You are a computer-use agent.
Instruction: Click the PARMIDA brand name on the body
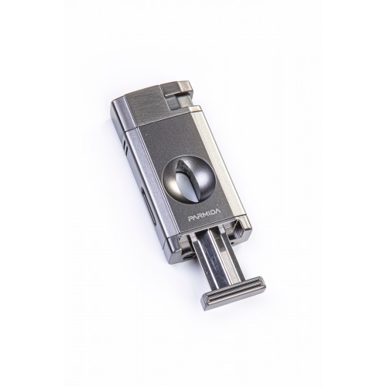[x=204, y=215]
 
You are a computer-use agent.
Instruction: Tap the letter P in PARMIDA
[x=190, y=219]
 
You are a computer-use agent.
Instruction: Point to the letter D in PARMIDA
[x=213, y=213]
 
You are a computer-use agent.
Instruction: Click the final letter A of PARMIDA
[x=218, y=211]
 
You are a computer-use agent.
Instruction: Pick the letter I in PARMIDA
[x=209, y=214]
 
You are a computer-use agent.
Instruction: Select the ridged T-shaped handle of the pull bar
[x=233, y=293]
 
